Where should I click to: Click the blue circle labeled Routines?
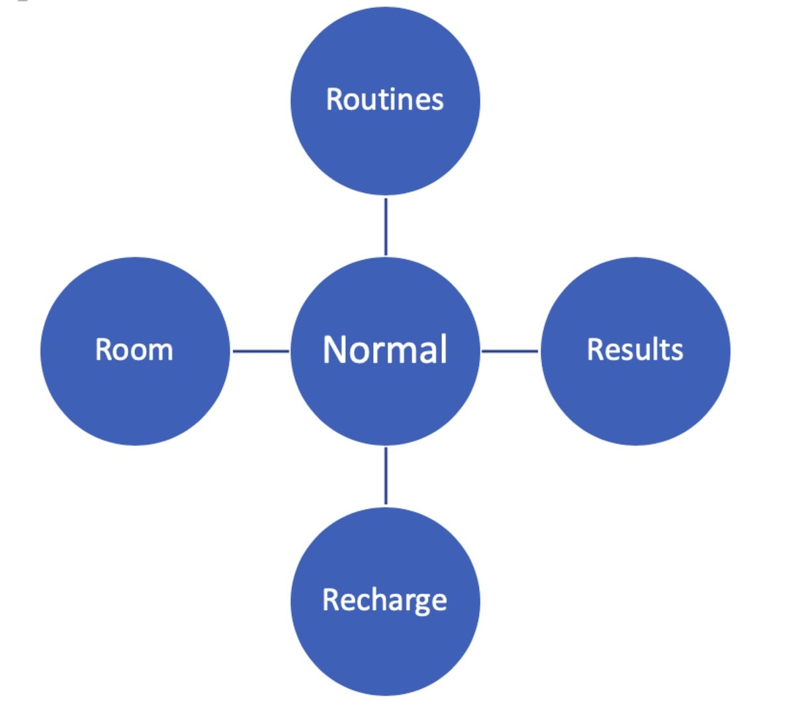click(x=385, y=101)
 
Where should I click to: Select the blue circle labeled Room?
click(x=135, y=351)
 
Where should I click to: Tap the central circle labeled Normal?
click(x=385, y=351)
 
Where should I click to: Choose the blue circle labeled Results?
click(x=635, y=351)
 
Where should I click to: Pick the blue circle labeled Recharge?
click(x=385, y=601)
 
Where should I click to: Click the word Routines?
click(x=384, y=99)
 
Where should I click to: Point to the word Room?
click(x=134, y=349)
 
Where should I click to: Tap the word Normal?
click(x=384, y=349)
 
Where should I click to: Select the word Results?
click(x=635, y=349)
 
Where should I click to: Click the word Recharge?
click(x=384, y=601)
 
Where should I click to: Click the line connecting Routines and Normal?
click(x=386, y=227)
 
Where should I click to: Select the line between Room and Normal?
click(x=261, y=351)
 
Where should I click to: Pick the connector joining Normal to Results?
click(x=509, y=351)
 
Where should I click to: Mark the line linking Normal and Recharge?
click(x=386, y=476)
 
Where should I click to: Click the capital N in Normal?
click(x=335, y=349)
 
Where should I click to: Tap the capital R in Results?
click(x=595, y=349)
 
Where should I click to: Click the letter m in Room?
click(x=160, y=353)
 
